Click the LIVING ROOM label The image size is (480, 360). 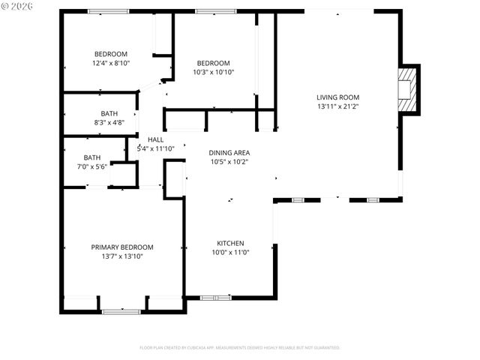click(337, 97)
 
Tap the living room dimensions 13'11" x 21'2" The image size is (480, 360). click(337, 106)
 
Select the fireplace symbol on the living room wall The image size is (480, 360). click(407, 89)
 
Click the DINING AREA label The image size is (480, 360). click(229, 152)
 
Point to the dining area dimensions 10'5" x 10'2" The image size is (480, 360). click(229, 161)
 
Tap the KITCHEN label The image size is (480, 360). click(230, 243)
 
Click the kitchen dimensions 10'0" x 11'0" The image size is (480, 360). click(230, 253)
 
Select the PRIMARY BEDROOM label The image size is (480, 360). click(122, 247)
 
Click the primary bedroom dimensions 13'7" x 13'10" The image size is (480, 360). click(122, 256)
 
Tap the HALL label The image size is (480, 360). click(155, 139)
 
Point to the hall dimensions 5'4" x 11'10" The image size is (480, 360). click(155, 148)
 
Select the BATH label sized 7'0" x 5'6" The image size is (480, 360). click(91, 157)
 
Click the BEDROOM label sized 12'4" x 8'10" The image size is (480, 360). click(111, 53)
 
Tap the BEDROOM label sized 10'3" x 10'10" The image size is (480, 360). click(214, 63)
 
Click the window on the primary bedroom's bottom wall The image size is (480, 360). click(121, 310)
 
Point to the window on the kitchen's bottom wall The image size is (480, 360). click(216, 298)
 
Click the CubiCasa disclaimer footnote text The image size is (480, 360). click(240, 348)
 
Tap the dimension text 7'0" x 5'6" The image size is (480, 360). click(91, 166)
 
